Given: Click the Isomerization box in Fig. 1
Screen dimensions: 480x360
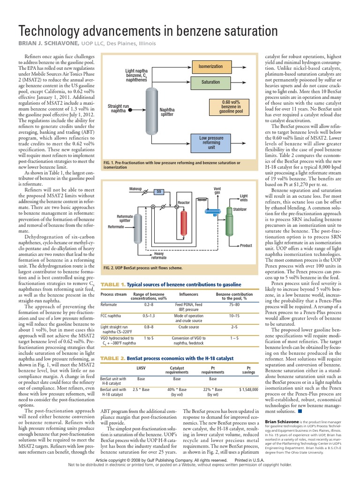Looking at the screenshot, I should pyautogui.click(x=210, y=67).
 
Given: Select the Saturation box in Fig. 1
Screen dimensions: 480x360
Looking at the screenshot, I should pyautogui.click(x=210, y=82).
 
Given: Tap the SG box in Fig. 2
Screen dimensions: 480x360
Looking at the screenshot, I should pyautogui.click(x=159, y=192).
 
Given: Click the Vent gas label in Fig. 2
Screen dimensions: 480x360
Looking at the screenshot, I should pyautogui.click(x=217, y=190).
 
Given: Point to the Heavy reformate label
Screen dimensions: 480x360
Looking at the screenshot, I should pyautogui.click(x=158, y=255).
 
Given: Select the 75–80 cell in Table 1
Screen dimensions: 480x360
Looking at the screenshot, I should pyautogui.click(x=234, y=304).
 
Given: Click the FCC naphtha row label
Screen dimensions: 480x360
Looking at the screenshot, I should pyautogui.click(x=112, y=315).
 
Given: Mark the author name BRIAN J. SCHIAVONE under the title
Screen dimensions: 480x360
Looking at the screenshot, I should pyautogui.click(x=47, y=43).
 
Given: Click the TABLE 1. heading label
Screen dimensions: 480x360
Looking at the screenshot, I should pyautogui.click(x=113, y=284).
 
